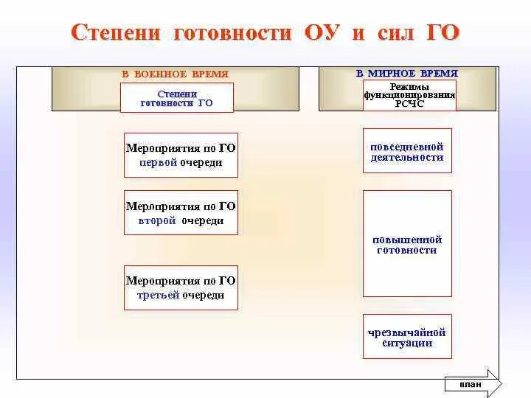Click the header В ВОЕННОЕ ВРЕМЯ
tap(176, 74)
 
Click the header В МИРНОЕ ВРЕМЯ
tap(407, 74)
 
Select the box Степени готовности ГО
tap(177, 98)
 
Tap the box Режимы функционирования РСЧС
tap(409, 96)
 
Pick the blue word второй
tap(153, 220)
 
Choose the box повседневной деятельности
tap(407, 151)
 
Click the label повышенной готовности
tap(407, 245)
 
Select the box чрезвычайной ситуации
tap(407, 338)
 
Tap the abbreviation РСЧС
tap(409, 105)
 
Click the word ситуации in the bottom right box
tap(407, 343)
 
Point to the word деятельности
tap(407, 157)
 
